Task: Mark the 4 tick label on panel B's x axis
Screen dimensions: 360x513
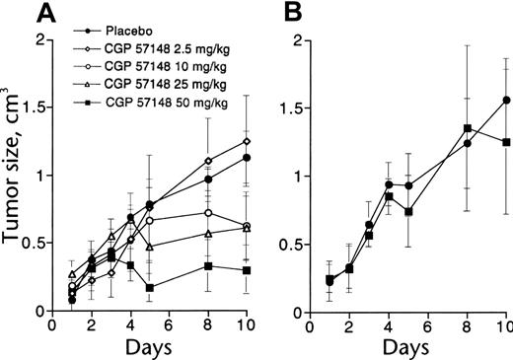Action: point(390,325)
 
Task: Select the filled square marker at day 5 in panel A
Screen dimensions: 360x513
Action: point(150,287)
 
